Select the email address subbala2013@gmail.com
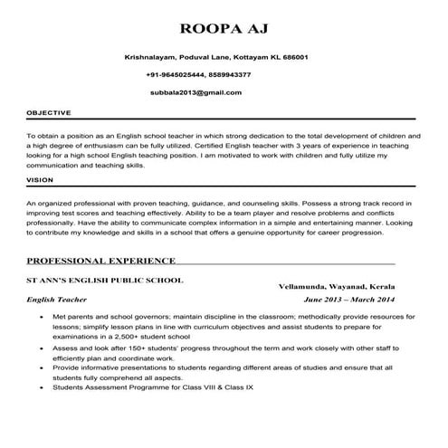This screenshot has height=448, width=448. coord(196,92)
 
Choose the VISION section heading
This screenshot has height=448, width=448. coord(40,180)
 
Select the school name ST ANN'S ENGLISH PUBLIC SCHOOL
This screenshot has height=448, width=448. coord(105,280)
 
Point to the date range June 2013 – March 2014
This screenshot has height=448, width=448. coord(349,299)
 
